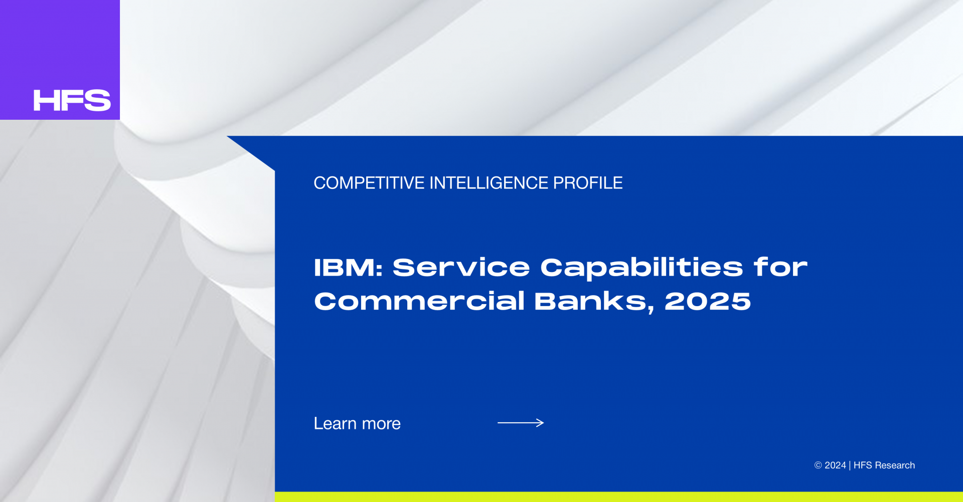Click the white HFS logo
[x=72, y=100]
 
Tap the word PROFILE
[x=588, y=183]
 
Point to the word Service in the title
[x=461, y=268]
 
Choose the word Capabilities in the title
[x=641, y=269]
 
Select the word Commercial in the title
[x=419, y=301]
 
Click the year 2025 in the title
[x=708, y=302]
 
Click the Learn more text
[x=357, y=423]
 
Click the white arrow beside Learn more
[x=521, y=423]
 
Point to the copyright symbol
[x=818, y=465]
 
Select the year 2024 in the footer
[x=835, y=465]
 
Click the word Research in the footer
[x=895, y=465]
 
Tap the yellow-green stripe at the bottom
[x=619, y=497]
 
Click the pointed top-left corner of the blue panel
[x=227, y=136]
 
